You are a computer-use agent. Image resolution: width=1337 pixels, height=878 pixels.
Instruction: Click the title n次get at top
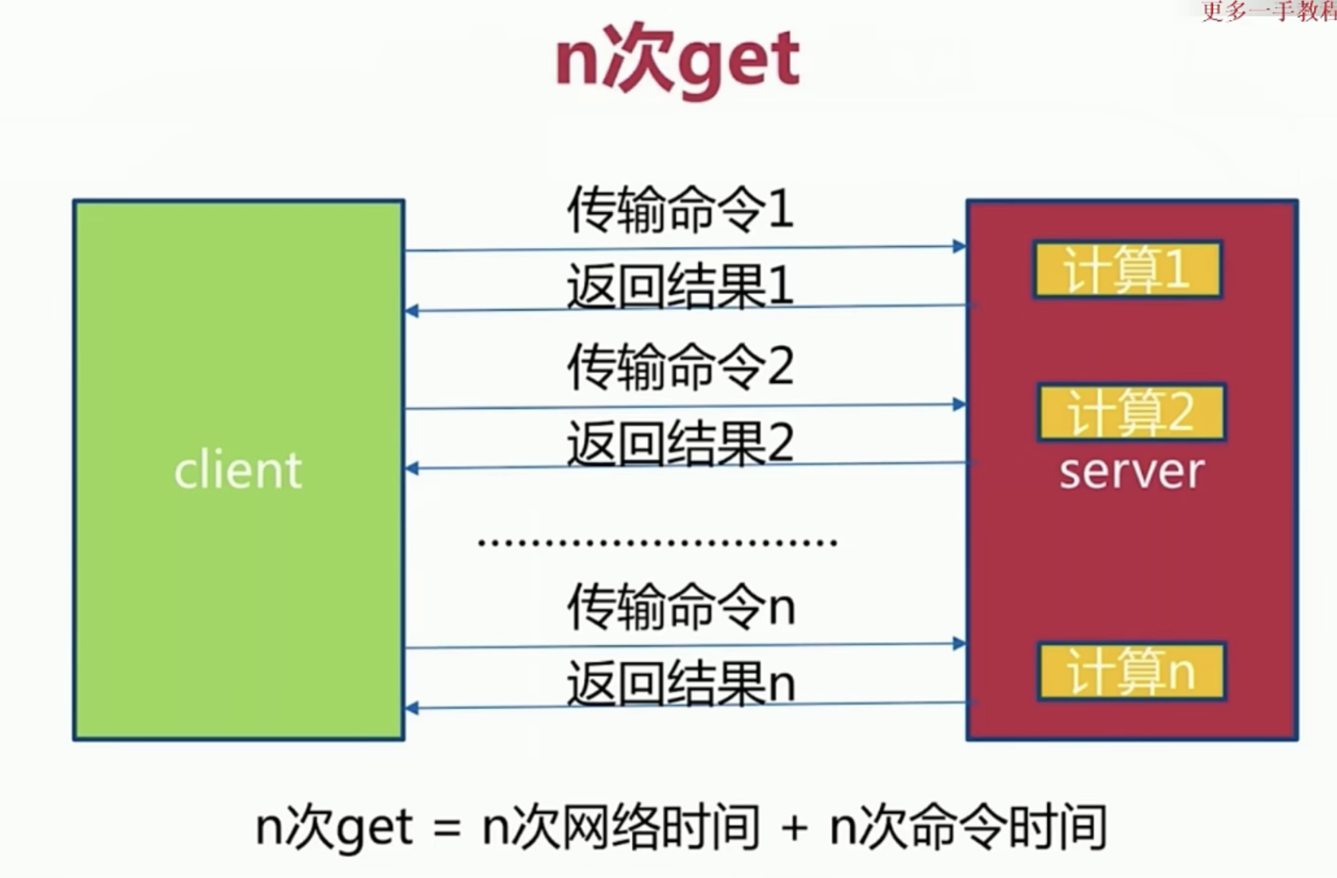pyautogui.click(x=678, y=62)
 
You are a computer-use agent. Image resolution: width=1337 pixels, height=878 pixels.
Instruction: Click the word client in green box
pyautogui.click(x=238, y=470)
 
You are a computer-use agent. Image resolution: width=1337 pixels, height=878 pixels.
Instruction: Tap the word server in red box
pyautogui.click(x=1131, y=471)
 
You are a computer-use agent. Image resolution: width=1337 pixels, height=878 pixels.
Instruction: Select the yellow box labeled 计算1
pyautogui.click(x=1128, y=270)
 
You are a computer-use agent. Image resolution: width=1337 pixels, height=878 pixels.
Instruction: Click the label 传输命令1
pyautogui.click(x=680, y=209)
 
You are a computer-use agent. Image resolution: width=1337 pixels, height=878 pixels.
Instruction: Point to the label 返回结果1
pyautogui.click(x=680, y=286)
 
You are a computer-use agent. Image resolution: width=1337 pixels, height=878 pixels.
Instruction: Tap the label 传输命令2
pyautogui.click(x=680, y=367)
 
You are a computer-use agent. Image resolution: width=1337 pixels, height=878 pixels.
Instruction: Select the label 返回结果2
pyautogui.click(x=680, y=444)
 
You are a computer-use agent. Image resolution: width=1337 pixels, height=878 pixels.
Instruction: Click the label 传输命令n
pyautogui.click(x=680, y=607)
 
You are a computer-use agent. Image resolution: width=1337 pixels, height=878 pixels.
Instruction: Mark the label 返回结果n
pyautogui.click(x=680, y=683)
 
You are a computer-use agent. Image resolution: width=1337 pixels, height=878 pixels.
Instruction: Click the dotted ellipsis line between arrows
pyautogui.click(x=657, y=542)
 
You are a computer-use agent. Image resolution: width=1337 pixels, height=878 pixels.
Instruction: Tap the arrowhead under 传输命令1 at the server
pyautogui.click(x=959, y=246)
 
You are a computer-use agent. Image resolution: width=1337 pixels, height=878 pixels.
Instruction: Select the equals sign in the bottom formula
pyautogui.click(x=447, y=829)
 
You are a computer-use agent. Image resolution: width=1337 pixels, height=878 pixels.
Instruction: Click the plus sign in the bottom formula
pyautogui.click(x=794, y=829)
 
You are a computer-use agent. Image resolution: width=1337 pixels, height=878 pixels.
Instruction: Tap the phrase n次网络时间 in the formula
pyautogui.click(x=621, y=827)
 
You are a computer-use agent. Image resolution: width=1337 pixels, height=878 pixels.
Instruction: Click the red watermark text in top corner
pyautogui.click(x=1268, y=11)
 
